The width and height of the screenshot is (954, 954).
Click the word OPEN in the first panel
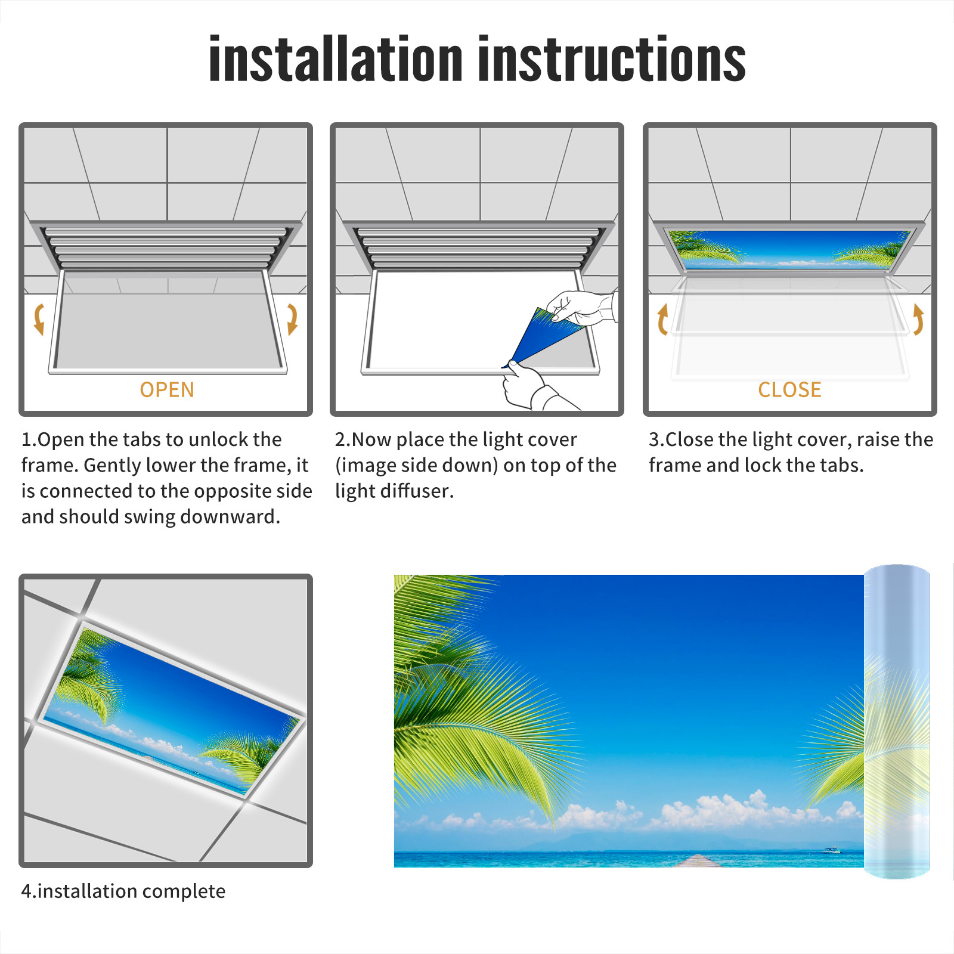pyautogui.click(x=167, y=390)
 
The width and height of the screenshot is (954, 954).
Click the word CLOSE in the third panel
pyautogui.click(x=789, y=390)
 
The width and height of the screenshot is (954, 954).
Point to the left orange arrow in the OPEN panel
pyautogui.click(x=39, y=319)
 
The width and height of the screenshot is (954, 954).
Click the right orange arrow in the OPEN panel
pyautogui.click(x=292, y=319)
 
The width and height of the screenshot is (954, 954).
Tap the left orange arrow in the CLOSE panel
pyautogui.click(x=662, y=319)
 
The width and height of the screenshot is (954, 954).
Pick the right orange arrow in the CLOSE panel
pyautogui.click(x=918, y=319)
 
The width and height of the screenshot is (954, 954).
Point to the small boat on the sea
pyautogui.click(x=831, y=850)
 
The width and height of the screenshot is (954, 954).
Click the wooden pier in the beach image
pyautogui.click(x=698, y=861)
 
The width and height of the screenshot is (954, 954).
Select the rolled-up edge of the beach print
pyautogui.click(x=897, y=721)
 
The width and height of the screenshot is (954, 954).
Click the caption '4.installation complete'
pyautogui.click(x=123, y=891)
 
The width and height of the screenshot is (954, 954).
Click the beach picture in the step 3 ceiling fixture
pyautogui.click(x=789, y=249)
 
